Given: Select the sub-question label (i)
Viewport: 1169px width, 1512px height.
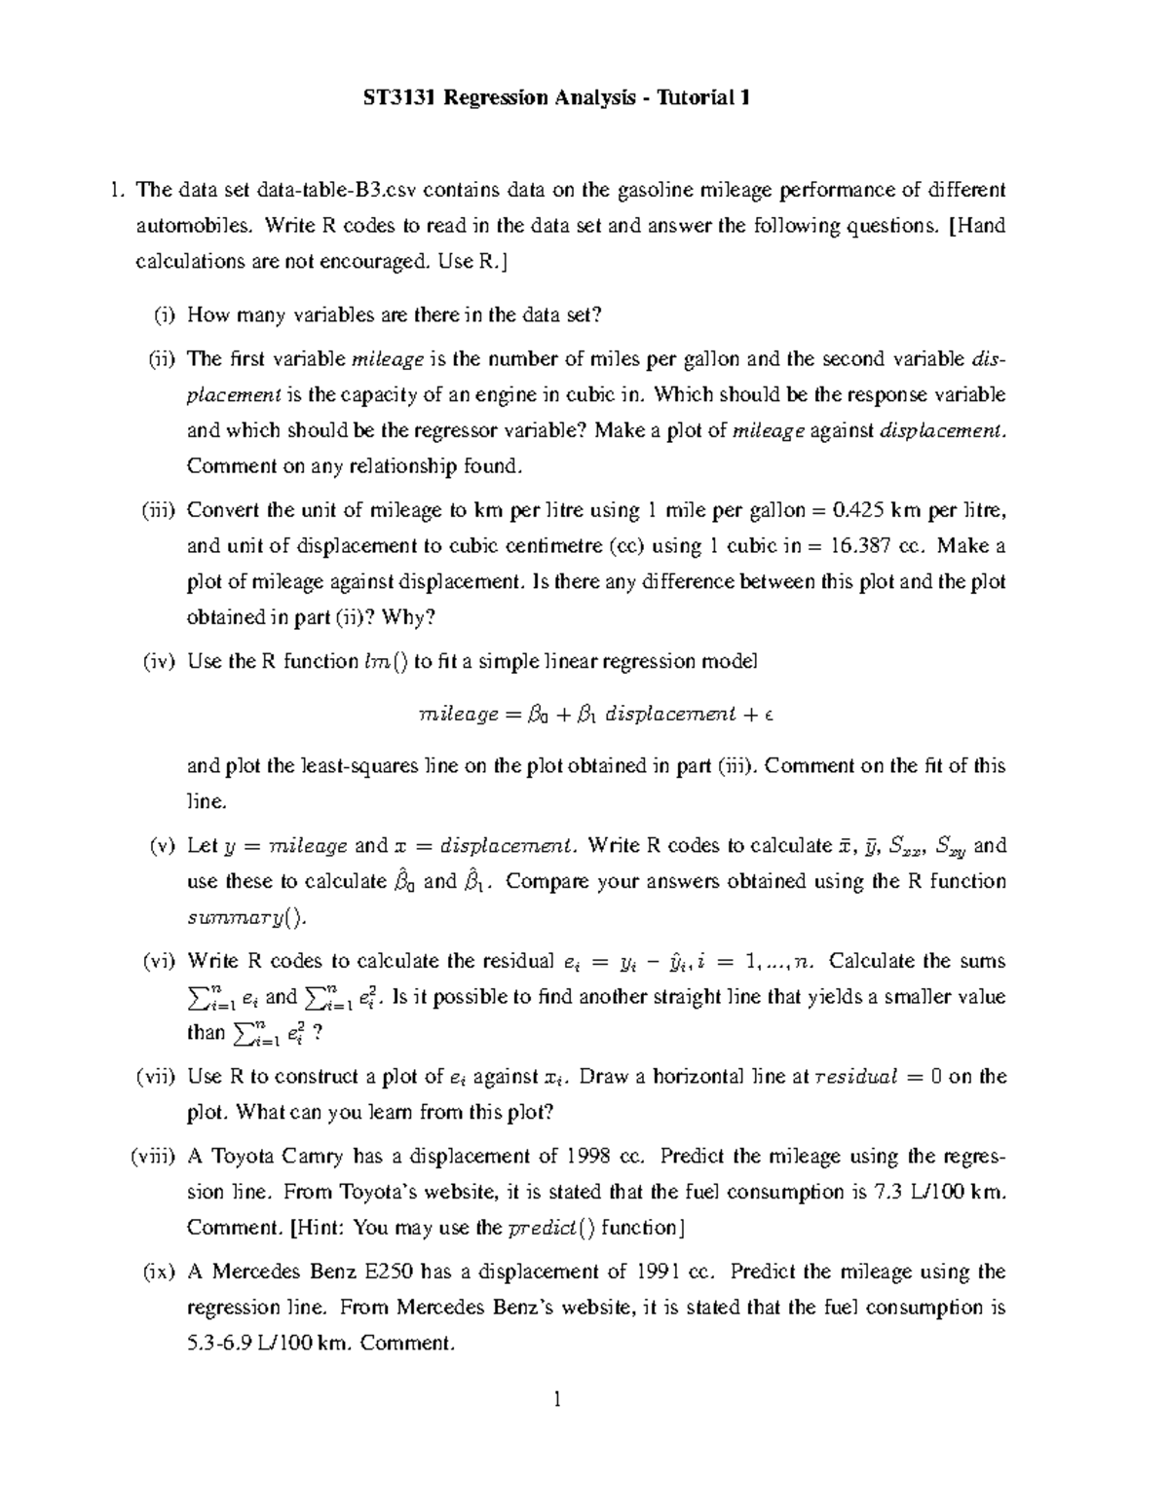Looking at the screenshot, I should (165, 314).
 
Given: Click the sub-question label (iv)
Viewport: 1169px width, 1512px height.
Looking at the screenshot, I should (159, 661).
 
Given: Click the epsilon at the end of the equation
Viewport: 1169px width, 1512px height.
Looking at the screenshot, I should (769, 715).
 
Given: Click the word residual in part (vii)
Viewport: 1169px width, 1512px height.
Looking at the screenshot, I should (856, 1077).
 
